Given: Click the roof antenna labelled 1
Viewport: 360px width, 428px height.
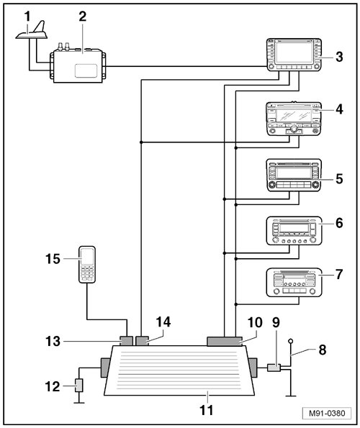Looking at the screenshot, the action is pyautogui.click(x=32, y=32).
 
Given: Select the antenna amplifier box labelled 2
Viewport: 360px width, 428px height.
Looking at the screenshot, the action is pyautogui.click(x=78, y=65).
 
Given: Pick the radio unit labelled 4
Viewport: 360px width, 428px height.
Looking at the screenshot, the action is pyautogui.click(x=294, y=119).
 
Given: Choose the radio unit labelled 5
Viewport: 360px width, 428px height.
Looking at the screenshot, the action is pyautogui.click(x=294, y=175).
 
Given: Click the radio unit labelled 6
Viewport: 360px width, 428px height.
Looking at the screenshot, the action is pyautogui.click(x=294, y=231).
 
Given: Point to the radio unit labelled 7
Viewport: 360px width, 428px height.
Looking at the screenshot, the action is pyautogui.click(x=294, y=282).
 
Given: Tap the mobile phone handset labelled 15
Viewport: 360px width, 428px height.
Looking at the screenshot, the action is pyautogui.click(x=87, y=265).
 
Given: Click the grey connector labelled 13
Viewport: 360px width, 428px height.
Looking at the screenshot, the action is pyautogui.click(x=126, y=341).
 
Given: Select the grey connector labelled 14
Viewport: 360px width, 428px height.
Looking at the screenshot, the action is pyautogui.click(x=142, y=341).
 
